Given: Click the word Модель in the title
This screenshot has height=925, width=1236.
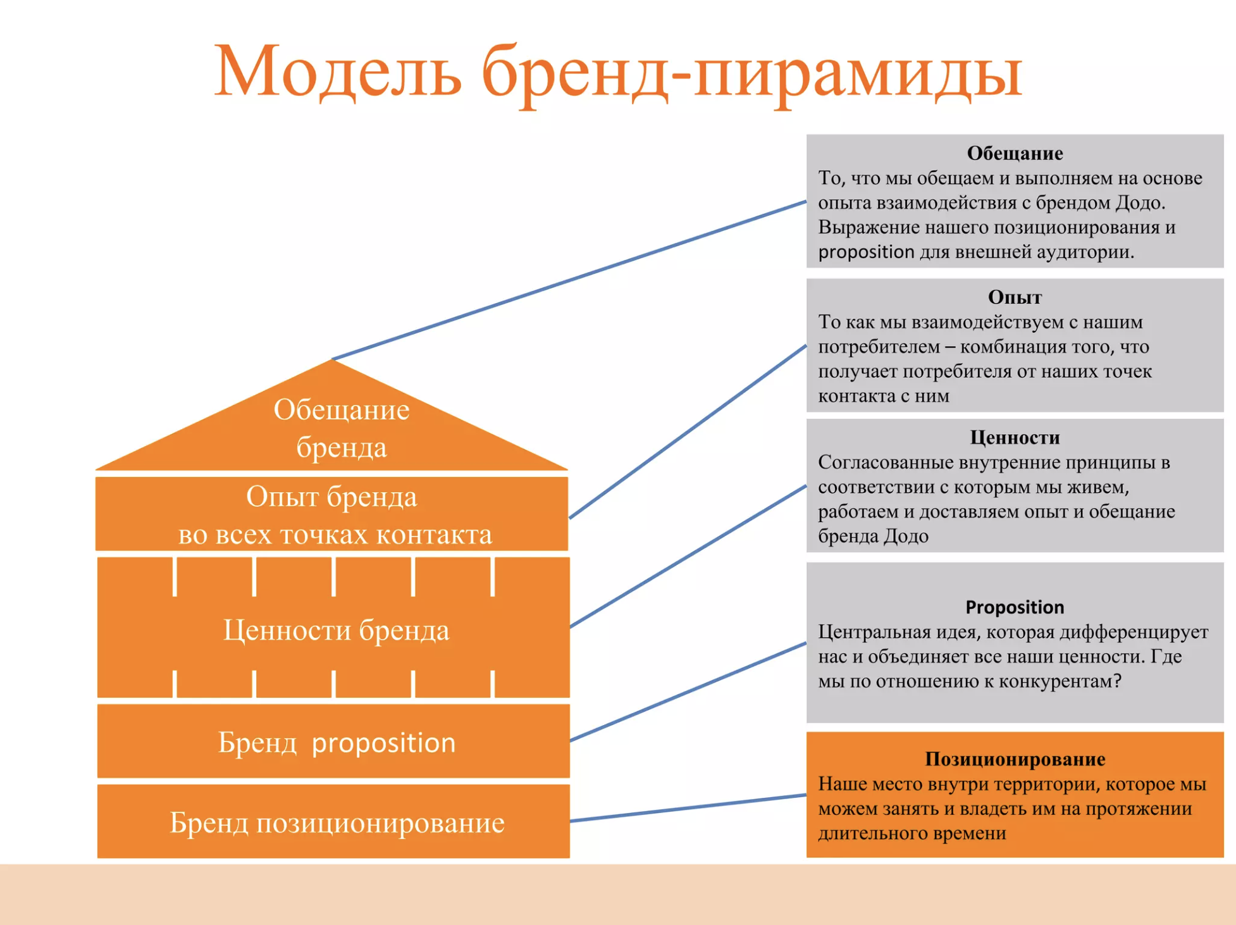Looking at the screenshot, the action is coord(337,71).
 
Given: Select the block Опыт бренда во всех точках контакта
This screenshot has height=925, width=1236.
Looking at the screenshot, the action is coord(331,514).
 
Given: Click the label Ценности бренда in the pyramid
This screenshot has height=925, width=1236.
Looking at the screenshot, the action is coord(336,631).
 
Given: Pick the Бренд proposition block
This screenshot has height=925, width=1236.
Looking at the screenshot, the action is coord(333,741).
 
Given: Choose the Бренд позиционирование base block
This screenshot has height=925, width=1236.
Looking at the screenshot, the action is coord(333,821).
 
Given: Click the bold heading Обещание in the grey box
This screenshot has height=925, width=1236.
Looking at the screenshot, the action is coord(1015,153).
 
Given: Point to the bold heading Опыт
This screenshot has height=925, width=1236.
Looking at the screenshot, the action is coord(1015,297).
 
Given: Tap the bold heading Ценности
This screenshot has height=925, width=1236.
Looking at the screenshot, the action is coord(1015,438).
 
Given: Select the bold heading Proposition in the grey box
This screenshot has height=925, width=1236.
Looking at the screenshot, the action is coord(1015,607).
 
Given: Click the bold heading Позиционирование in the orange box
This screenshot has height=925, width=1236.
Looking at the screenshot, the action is coord(1015,759).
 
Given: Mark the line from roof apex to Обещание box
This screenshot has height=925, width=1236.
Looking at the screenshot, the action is coord(569,280).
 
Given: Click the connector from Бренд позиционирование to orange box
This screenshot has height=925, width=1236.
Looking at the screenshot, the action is coord(688,808).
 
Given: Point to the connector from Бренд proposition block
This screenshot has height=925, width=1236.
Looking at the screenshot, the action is coord(688,692).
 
